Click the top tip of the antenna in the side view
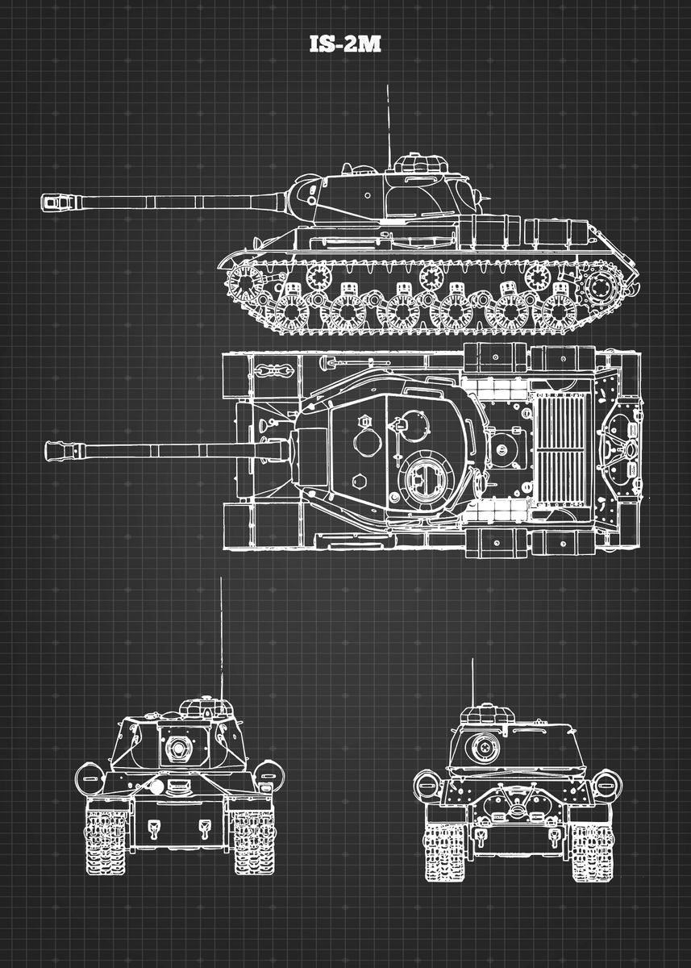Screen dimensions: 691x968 pyautogui.click(x=387, y=86)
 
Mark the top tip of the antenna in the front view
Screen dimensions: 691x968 pyautogui.click(x=221, y=578)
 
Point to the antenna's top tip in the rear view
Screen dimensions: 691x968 pyautogui.click(x=472, y=659)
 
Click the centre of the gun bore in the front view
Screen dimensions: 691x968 pyautogui.click(x=177, y=748)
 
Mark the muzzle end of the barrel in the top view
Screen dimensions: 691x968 pyautogui.click(x=45, y=450)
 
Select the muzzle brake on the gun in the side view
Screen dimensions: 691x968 pyautogui.click(x=57, y=202)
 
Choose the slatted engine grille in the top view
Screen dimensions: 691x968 pyautogui.click(x=560, y=450)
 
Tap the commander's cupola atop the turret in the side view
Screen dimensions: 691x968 pyautogui.click(x=419, y=162)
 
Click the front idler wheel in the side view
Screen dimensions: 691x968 pyautogui.click(x=245, y=283)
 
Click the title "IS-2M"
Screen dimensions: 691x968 pyautogui.click(x=345, y=44)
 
